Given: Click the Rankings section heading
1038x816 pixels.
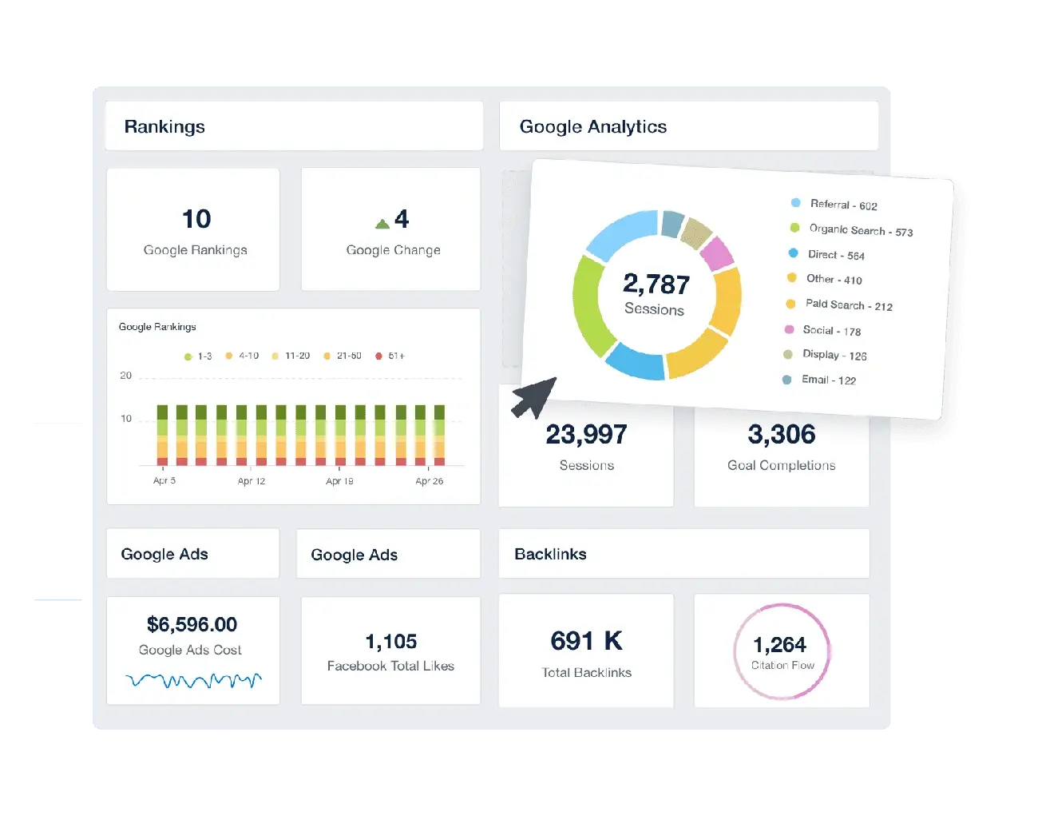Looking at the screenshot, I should point(164,127).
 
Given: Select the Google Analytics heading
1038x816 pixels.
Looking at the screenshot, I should point(592,127).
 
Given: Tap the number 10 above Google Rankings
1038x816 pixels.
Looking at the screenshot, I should point(196,219).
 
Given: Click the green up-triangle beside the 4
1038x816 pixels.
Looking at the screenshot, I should point(382,224).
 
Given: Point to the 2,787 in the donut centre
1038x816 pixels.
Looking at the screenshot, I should point(656,285).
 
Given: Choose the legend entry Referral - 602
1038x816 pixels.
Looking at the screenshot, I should point(843,205).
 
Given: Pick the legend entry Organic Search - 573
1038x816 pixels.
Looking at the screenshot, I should point(860,230).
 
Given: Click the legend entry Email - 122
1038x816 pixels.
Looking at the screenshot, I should point(828,380).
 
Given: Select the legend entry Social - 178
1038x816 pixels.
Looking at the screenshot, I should point(831,330).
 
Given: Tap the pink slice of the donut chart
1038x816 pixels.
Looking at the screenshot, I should point(716,253).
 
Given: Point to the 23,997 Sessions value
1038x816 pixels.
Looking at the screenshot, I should point(587,435).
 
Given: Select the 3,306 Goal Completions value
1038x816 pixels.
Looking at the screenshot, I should point(782,435).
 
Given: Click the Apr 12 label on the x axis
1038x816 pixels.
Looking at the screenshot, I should point(252,481).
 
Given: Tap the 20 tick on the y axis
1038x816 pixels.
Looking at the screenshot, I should point(126,376).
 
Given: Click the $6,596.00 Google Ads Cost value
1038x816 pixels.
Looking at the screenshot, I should point(192,624).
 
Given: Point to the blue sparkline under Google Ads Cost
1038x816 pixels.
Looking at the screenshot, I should point(193,681).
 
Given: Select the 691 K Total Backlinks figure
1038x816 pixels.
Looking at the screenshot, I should point(586,641).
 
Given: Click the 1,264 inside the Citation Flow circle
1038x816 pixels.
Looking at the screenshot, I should point(780,644).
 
